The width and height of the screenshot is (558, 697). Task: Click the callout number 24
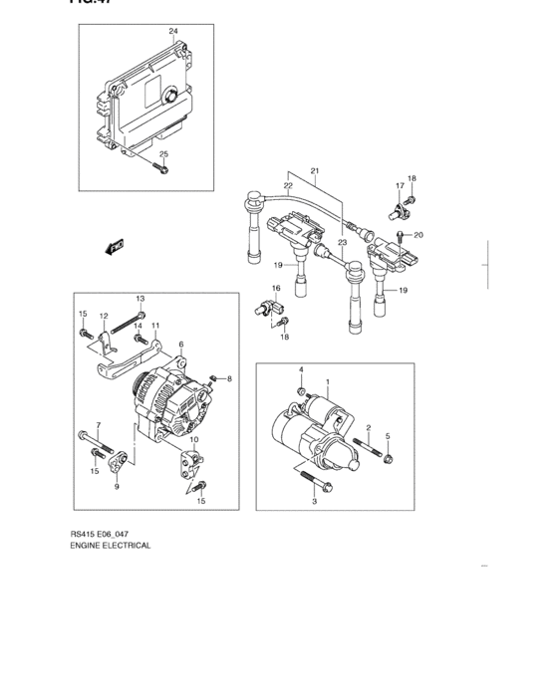[x=172, y=32]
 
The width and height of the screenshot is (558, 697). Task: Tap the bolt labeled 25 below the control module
[x=162, y=169]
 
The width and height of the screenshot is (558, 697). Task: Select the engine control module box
[x=139, y=99]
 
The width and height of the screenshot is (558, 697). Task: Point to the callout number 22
[x=288, y=185]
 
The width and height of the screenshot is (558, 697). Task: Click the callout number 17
[x=399, y=186]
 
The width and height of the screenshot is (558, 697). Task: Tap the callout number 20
[x=418, y=235]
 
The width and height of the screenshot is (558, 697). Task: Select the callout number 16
[x=276, y=288]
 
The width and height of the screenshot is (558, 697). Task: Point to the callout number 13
[x=139, y=299]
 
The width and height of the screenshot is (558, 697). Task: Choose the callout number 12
[x=103, y=316]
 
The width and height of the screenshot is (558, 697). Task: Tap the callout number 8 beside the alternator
[x=228, y=379]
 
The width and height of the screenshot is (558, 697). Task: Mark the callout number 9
[x=116, y=487]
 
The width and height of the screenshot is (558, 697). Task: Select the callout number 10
[x=193, y=439]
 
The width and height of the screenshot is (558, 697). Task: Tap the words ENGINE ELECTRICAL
[x=111, y=547]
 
